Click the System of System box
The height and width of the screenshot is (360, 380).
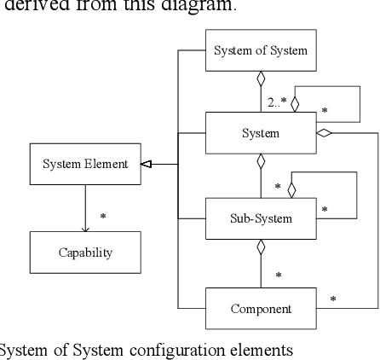pyautogui.click(x=261, y=50)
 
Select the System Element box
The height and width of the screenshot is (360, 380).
pyautogui.click(x=85, y=164)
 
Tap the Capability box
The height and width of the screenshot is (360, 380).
pyautogui.click(x=85, y=253)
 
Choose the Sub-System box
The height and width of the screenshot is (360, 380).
pyautogui.click(x=261, y=218)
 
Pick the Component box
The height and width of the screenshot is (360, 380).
pyautogui.click(x=261, y=309)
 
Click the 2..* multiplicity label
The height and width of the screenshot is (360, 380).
pyautogui.click(x=277, y=102)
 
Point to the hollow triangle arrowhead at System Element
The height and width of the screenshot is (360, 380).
pyautogui.click(x=147, y=164)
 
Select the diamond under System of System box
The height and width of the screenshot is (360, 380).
pyautogui.click(x=261, y=80)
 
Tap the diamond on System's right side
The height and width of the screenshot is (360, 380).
pyautogui.click(x=325, y=133)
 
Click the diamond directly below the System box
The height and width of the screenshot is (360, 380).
pyautogui.click(x=261, y=162)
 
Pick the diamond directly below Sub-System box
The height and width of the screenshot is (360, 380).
pyautogui.click(x=261, y=247)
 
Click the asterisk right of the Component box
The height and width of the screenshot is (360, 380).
pyautogui.click(x=332, y=299)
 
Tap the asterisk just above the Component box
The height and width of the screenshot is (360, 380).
pyautogui.click(x=279, y=275)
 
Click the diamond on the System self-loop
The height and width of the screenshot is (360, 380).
pyautogui.click(x=294, y=103)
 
